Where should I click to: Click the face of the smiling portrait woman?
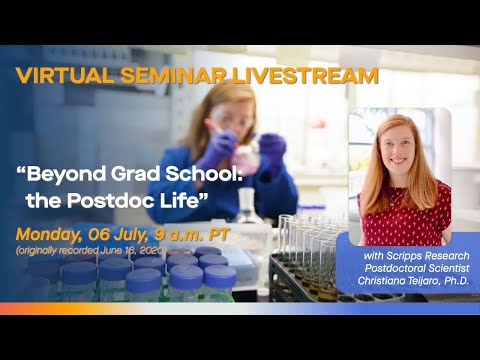pos(396,157)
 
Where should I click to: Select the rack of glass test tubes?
pos(310,250)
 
